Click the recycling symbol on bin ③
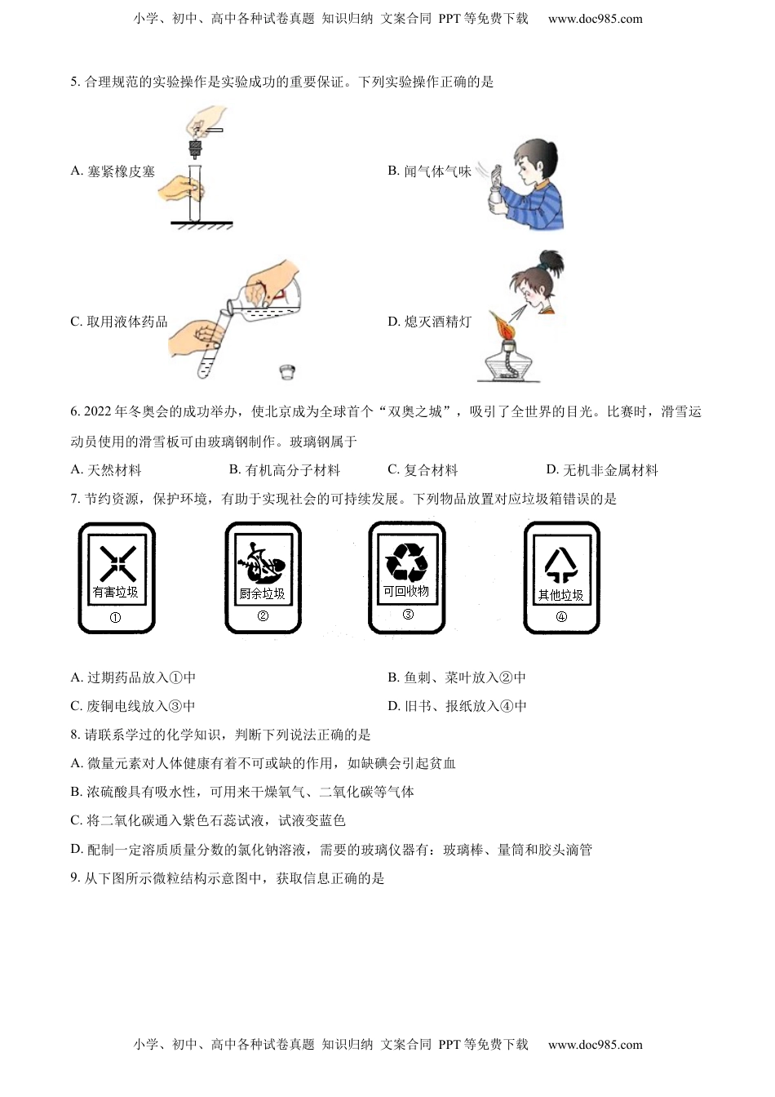click(406, 561)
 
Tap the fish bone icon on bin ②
click(263, 562)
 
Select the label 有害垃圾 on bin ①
click(116, 592)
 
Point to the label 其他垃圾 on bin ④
click(560, 595)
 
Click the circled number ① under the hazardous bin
click(115, 618)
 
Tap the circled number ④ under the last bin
click(561, 617)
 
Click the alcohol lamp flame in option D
click(501, 327)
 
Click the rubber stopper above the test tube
click(196, 149)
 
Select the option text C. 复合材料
click(423, 470)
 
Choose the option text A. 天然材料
click(106, 470)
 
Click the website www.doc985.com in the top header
click(595, 19)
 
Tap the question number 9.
click(75, 878)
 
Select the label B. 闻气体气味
click(429, 171)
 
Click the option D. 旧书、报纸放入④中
click(457, 706)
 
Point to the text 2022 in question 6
click(98, 412)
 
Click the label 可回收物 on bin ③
click(406, 591)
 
